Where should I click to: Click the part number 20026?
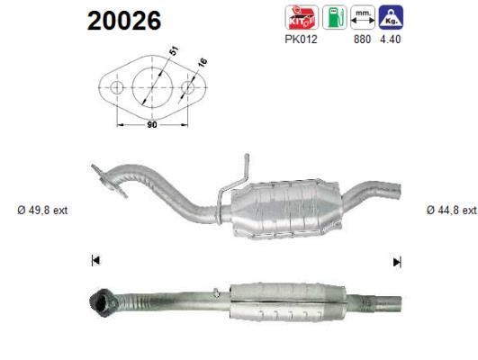[x=124, y=21]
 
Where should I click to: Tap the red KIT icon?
[x=302, y=17]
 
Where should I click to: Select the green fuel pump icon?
[x=334, y=17]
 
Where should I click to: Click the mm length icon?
[x=363, y=17]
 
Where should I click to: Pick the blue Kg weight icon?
[x=391, y=17]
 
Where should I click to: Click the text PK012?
[x=301, y=40]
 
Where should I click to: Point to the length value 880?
[x=362, y=40]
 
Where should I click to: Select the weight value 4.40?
[x=390, y=40]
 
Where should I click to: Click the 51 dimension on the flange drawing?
[x=174, y=50]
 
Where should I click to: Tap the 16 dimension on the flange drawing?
[x=203, y=62]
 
